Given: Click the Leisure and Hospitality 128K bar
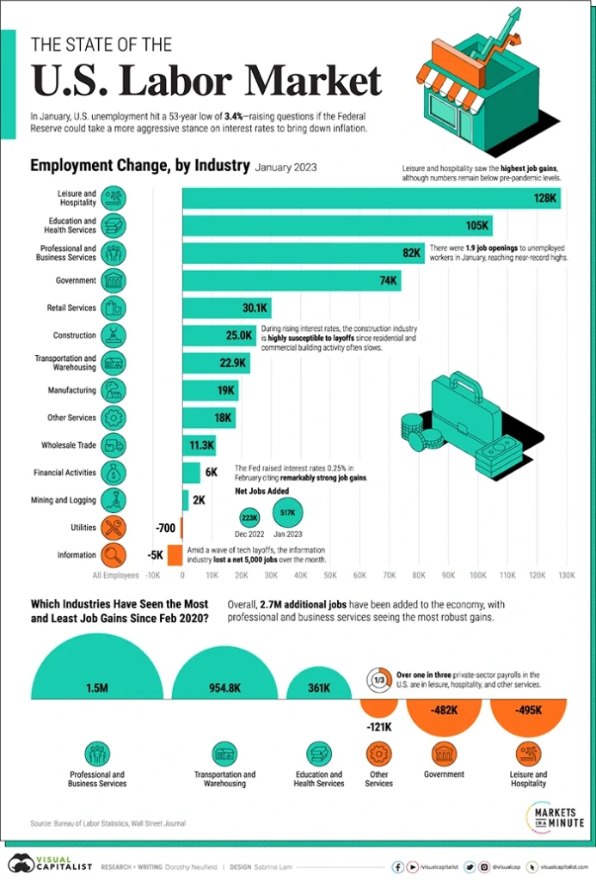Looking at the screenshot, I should pos(370,199).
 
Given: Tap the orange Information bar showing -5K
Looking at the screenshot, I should pos(175,554).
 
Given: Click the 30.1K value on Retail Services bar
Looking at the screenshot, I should pos(256,308).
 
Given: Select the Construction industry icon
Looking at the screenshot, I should pos(114,335).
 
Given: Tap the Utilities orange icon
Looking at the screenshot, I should pos(114,527).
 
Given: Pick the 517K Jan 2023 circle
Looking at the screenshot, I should pos(289,514).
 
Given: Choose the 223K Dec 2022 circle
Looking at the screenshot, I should pos(250,518).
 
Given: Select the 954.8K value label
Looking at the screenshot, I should pos(223,688).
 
